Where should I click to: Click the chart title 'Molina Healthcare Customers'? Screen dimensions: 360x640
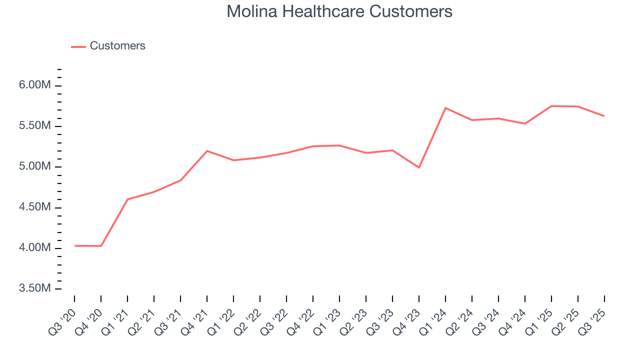pos(339,11)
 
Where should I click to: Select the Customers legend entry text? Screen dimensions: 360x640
pos(117,46)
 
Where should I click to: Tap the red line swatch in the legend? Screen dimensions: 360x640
pos(78,46)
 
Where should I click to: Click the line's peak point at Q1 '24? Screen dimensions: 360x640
pos(445,108)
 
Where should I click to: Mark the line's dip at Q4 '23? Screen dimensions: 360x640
pos(419,167)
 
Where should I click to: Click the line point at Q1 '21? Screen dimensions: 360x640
pos(127,199)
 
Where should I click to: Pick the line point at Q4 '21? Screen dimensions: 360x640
pos(207,150)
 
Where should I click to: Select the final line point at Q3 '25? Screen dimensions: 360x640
pos(604,116)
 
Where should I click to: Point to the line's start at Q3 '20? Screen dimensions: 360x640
pos(75,245)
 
